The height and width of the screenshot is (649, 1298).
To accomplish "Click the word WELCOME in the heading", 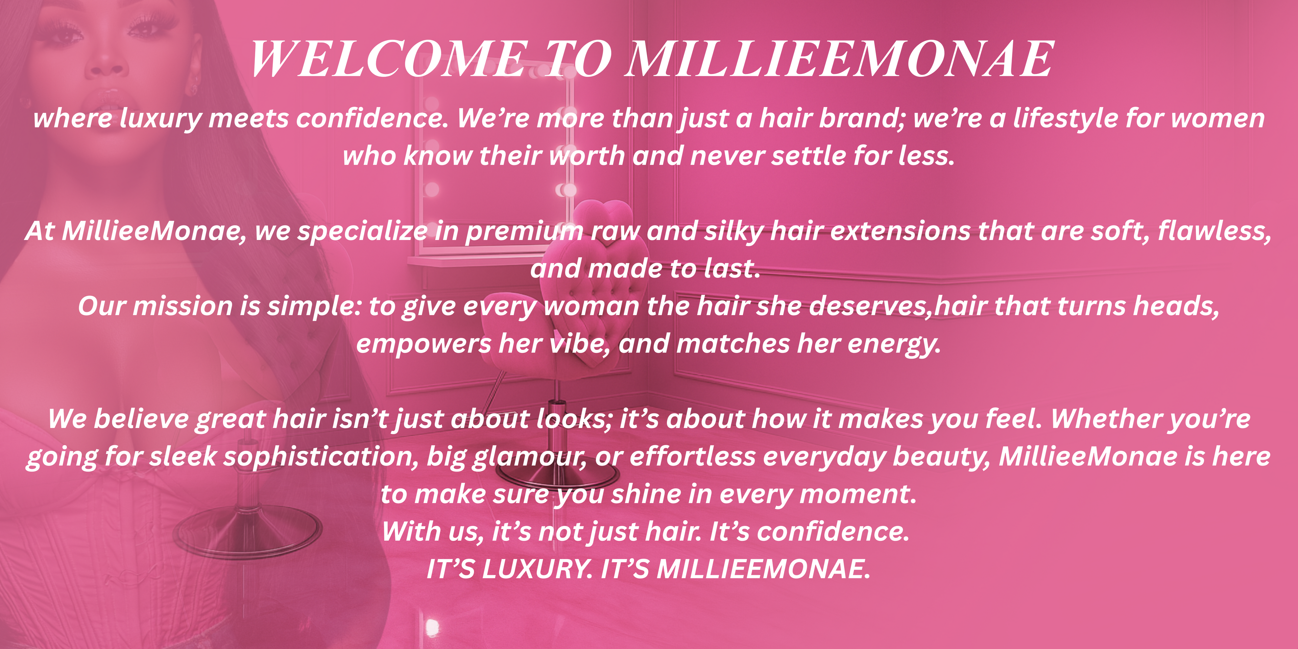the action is coord(388,59).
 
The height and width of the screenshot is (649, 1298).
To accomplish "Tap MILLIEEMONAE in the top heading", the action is coord(839,59).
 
